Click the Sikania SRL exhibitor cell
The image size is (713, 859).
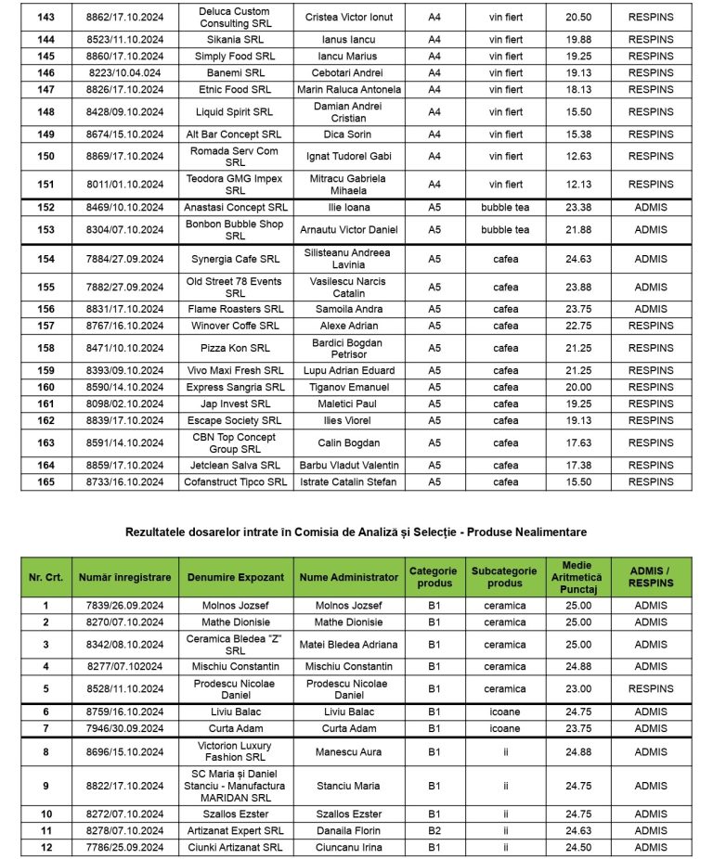[236, 40]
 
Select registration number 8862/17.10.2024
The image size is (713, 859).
[124, 18]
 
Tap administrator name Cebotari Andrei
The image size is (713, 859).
[349, 72]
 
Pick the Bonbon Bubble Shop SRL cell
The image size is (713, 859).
[236, 230]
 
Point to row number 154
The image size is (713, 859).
[45, 260]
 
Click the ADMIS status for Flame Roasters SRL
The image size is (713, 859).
[651, 310]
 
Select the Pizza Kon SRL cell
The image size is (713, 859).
[236, 349]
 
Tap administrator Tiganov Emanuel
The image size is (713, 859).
[349, 388]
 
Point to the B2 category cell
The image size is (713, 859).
[434, 831]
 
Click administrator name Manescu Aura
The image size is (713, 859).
[349, 752]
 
